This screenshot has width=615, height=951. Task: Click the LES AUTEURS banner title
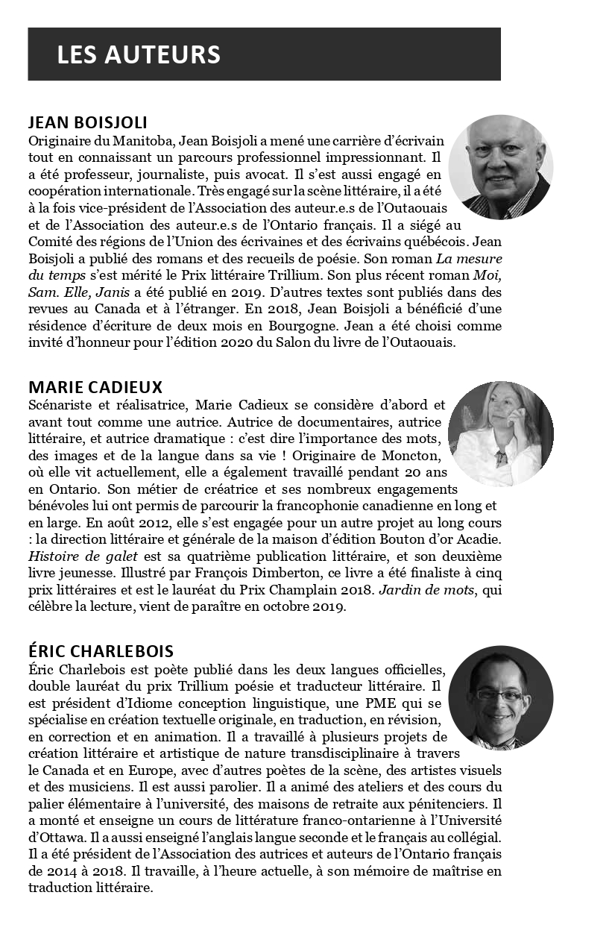[x=139, y=54]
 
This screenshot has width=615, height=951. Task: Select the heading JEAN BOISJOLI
[x=88, y=123]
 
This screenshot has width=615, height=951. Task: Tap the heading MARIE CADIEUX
[x=95, y=388]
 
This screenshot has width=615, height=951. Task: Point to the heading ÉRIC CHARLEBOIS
[x=101, y=652]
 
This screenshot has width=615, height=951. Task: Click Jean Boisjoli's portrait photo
[x=501, y=167]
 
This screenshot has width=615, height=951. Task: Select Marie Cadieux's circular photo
[x=501, y=433]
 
